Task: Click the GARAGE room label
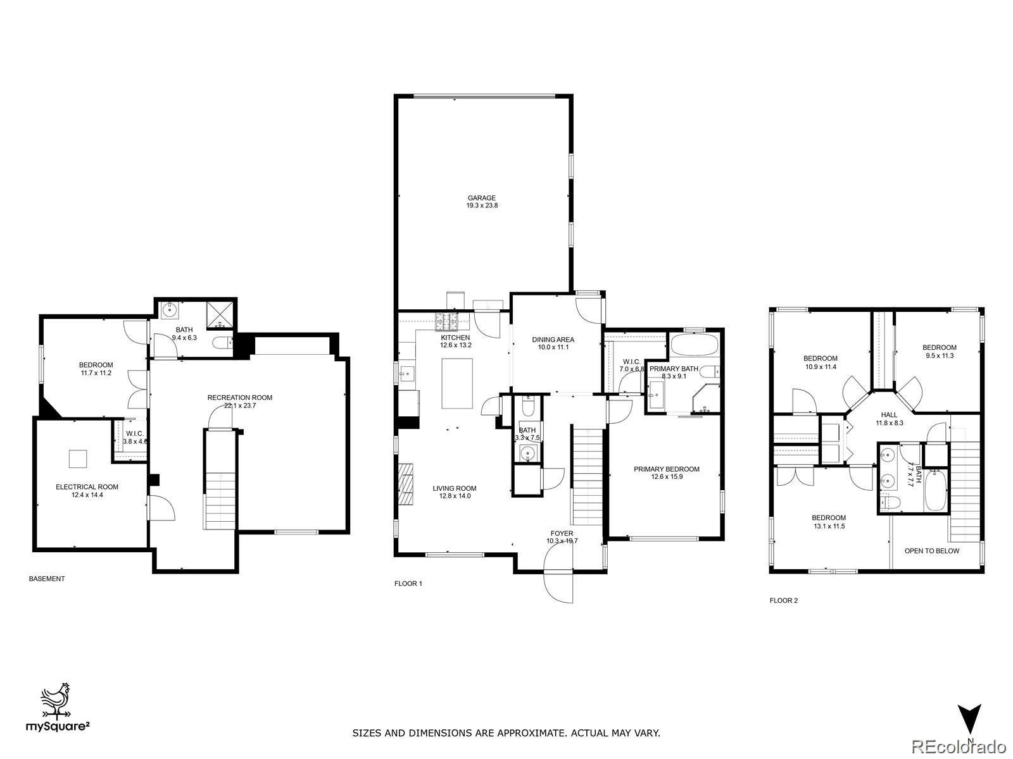(482, 198)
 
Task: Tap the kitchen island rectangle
(457, 383)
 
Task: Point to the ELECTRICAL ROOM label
(87, 487)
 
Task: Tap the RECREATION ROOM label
(239, 398)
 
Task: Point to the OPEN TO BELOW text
(931, 551)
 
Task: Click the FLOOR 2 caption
(783, 600)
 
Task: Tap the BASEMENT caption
(47, 579)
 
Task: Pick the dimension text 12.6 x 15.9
(666, 477)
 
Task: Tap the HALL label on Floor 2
(889, 415)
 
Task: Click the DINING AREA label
(553, 340)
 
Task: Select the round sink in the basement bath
(170, 311)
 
